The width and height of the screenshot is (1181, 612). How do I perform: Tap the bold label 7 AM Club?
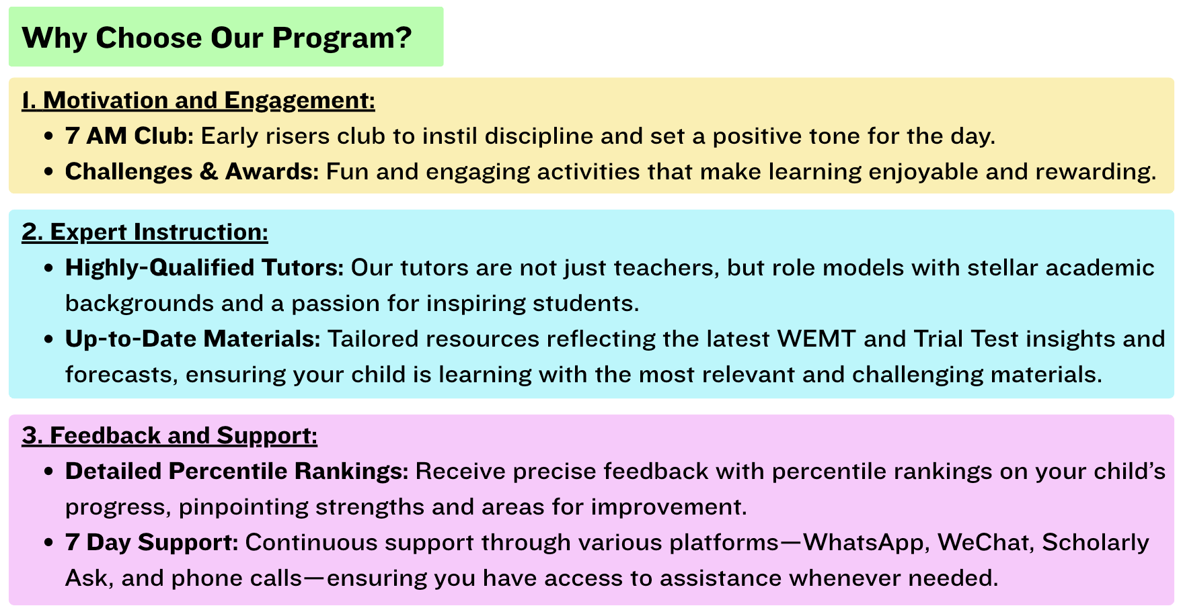[x=129, y=136]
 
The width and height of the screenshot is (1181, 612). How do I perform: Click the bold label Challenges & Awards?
[x=192, y=171]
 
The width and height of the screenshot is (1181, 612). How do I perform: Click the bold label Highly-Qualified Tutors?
[x=204, y=267]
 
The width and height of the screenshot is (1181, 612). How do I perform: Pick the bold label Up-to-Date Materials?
[x=193, y=339]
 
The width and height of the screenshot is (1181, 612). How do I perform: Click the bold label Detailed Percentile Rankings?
[x=237, y=471]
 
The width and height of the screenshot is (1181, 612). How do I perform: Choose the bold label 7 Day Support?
[x=152, y=542]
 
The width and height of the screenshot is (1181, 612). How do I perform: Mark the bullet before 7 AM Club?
[x=48, y=136]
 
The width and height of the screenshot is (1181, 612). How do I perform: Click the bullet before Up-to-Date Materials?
[x=48, y=339]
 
